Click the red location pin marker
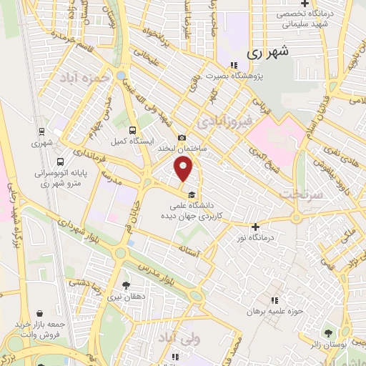coord(184,169)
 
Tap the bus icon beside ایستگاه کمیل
coord(132,130)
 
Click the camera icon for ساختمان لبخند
coord(182,137)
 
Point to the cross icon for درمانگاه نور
coord(255,227)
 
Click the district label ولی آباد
coord(176,336)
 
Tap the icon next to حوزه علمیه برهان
coord(272,301)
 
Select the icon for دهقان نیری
coord(127,285)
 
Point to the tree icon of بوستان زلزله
coord(328,333)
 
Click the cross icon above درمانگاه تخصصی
coord(305,4)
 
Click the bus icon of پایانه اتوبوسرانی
coord(60,162)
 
